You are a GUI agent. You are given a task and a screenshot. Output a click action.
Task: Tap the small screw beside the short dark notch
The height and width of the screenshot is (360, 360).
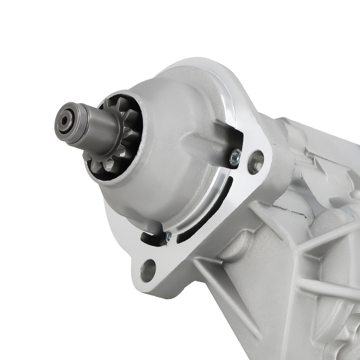[x=168, y=236]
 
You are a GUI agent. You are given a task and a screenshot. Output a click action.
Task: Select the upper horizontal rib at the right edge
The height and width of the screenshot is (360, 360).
[x=324, y=238]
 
